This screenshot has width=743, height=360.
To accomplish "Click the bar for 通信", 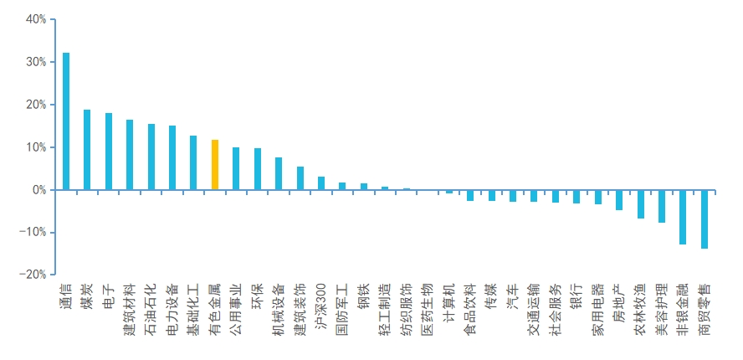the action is click(66, 121).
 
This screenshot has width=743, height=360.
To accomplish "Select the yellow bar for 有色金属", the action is click(215, 165).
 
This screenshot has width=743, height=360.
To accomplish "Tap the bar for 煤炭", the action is click(87, 150).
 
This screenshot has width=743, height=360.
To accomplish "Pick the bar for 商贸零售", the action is click(705, 219).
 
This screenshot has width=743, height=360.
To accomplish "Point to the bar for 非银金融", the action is click(683, 217).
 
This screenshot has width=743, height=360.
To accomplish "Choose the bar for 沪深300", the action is click(320, 183).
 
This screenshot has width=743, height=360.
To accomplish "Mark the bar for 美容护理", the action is click(662, 206).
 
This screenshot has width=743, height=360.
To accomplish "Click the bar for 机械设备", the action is click(279, 173).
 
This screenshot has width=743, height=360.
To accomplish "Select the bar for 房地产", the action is click(619, 200).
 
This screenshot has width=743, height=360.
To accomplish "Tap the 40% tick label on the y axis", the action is click(36, 19).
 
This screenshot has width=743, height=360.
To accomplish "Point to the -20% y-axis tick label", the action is click(33, 275).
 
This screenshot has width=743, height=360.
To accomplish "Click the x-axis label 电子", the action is click(109, 296).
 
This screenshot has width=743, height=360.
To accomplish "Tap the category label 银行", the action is click(576, 296).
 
